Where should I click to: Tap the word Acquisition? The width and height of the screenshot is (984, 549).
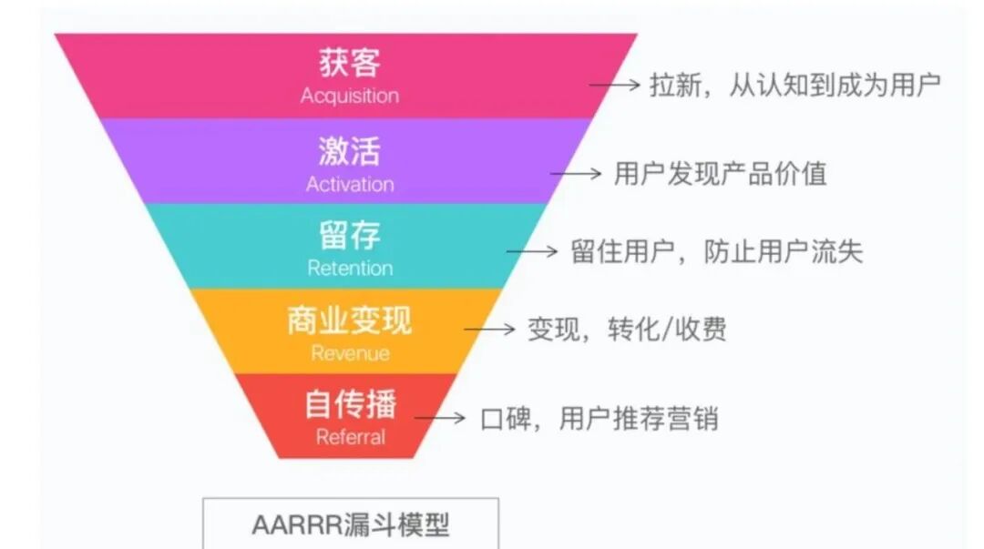(x=350, y=96)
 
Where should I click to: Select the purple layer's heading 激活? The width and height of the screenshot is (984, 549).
(x=350, y=150)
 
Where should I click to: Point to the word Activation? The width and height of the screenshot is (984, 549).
(x=350, y=184)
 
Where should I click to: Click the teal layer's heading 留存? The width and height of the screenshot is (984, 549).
(x=350, y=235)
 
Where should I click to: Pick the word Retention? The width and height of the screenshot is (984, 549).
(x=350, y=269)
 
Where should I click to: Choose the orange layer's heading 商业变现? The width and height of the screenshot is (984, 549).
(x=350, y=320)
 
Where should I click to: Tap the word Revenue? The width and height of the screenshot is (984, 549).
(x=350, y=353)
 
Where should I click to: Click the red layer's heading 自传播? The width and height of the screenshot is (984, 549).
(x=350, y=404)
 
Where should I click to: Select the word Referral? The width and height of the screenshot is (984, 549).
(x=350, y=437)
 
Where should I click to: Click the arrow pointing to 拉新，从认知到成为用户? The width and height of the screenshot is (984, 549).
(x=615, y=85)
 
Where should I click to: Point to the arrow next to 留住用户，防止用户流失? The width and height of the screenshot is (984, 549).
(x=532, y=250)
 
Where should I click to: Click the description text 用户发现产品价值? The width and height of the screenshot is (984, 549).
(x=720, y=173)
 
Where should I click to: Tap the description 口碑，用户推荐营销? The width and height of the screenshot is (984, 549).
(x=599, y=418)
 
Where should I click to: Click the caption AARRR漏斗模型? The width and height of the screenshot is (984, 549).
(x=351, y=525)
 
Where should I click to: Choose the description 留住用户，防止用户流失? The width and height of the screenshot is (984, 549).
(x=716, y=251)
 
